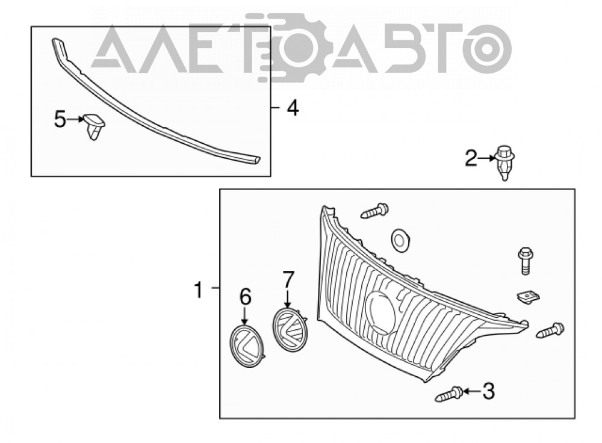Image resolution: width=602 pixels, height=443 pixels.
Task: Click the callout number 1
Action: click(198, 290)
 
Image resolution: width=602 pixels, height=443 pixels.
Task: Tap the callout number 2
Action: click(471, 158)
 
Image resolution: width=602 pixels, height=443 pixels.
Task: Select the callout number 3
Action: click(488, 391)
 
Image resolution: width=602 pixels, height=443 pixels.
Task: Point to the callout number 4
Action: click(293, 108)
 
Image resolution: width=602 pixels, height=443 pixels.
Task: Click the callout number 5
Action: click(60, 119)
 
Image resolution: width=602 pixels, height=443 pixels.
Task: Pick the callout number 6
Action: click(246, 297)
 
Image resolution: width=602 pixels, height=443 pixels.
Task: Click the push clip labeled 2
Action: click(504, 163)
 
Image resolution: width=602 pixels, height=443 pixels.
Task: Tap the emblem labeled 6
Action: click(247, 346)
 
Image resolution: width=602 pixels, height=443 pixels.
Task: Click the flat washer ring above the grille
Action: click(400, 240)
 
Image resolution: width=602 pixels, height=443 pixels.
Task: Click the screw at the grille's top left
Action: click(374, 211)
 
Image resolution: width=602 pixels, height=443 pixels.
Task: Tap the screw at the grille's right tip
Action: click(550, 330)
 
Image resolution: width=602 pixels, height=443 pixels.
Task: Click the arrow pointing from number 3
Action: click(473, 392)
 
